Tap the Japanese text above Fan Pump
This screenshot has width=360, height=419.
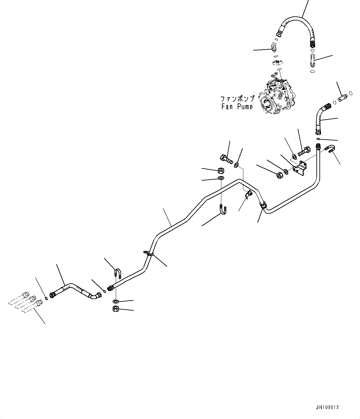pyautogui.click(x=237, y=99)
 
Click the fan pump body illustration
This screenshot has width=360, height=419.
pyautogui.click(x=276, y=95)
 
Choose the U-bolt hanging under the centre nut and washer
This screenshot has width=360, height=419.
pyautogui.click(x=223, y=209)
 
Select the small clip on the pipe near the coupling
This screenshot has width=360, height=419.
pyautogui.click(x=248, y=194)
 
